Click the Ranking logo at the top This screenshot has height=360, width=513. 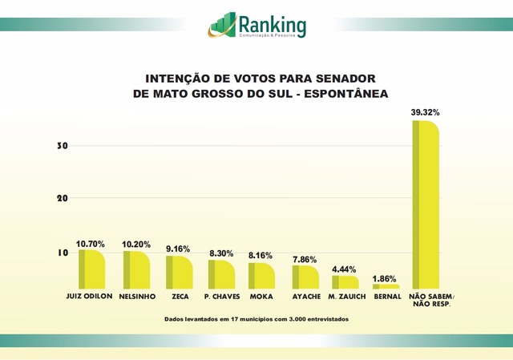pos(257,25)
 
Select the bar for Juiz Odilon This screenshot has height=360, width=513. pos(91,269)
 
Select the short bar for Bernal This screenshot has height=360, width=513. pos(386,286)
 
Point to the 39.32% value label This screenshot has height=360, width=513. pos(426,113)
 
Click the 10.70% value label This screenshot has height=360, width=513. pos(91,243)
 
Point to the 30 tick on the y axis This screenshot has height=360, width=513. pos(61,146)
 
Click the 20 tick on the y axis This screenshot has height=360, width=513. pos(61,198)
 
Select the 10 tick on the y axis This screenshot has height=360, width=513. pos(61,252)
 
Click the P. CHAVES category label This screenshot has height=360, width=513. pos(222,297)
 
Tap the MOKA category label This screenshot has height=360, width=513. pos(262,297)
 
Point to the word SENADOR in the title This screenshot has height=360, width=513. pos(342,79)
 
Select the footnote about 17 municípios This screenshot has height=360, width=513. pos(256,318)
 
